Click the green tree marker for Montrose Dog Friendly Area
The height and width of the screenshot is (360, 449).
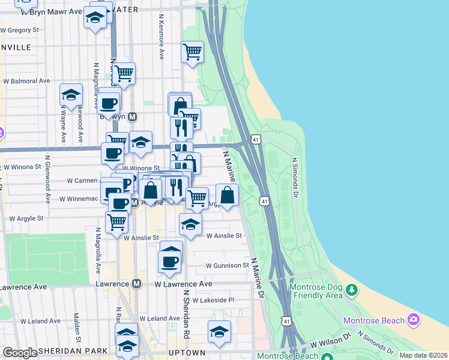click(351, 291)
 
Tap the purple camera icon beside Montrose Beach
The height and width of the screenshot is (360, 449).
click(413, 320)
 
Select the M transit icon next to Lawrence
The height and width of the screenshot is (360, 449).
click(137, 284)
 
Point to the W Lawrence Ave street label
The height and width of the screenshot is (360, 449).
click(183, 284)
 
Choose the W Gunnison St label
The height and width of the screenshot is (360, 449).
click(227, 265)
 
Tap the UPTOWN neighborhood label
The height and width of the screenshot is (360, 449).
click(190, 352)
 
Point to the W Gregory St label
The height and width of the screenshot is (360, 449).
click(20, 29)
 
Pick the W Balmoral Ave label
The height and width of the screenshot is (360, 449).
click(26, 80)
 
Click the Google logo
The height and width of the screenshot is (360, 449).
click(20, 353)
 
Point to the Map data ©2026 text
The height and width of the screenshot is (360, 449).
click(423, 355)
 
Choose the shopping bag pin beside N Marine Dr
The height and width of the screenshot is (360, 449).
click(227, 196)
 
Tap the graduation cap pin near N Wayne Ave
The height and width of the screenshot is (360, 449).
click(71, 95)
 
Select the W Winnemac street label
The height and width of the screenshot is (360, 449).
click(82, 198)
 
